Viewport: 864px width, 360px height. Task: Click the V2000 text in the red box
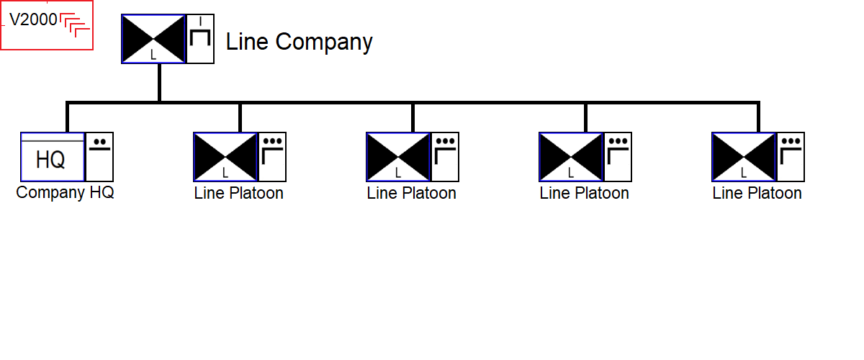click(33, 19)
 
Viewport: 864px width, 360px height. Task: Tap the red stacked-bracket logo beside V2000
click(75, 25)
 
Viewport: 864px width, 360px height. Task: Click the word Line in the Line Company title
click(247, 42)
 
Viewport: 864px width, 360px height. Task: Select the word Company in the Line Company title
click(324, 42)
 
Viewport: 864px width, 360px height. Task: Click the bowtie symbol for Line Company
click(153, 39)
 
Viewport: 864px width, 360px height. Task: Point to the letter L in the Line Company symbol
click(153, 55)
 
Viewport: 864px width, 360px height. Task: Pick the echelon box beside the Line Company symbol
click(200, 39)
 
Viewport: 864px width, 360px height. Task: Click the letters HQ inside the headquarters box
click(50, 160)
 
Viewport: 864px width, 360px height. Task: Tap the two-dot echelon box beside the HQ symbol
click(99, 157)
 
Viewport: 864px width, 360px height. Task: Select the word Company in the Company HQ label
click(50, 193)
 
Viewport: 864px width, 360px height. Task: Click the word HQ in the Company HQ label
click(102, 192)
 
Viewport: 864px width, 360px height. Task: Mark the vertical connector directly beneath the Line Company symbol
click(159, 83)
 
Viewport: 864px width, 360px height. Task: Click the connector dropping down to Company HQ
click(68, 117)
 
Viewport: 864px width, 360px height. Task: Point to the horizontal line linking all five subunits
click(413, 103)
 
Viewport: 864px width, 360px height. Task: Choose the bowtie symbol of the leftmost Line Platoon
click(225, 157)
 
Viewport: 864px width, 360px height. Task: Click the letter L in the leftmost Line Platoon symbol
click(225, 173)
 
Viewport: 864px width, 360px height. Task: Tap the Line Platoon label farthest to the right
click(757, 193)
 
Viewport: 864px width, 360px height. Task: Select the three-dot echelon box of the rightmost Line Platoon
click(791, 157)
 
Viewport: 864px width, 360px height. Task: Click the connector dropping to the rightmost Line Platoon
click(758, 117)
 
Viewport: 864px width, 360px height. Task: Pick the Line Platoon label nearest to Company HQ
click(238, 193)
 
